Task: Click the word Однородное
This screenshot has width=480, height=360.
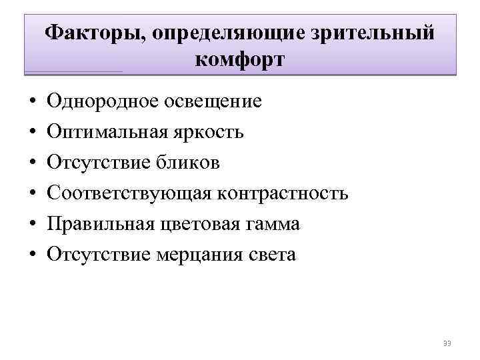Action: click(100, 102)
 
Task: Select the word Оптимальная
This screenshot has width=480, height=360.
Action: click(104, 133)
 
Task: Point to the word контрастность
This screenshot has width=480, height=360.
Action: click(283, 194)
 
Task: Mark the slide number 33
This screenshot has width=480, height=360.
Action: click(447, 343)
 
